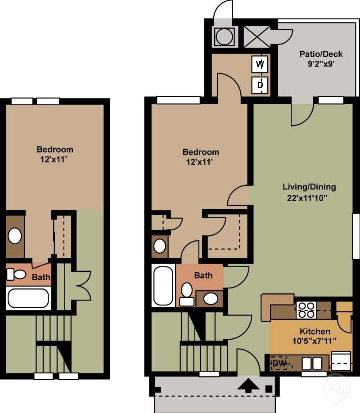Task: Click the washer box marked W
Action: tap(260, 64)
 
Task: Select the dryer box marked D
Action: tap(260, 84)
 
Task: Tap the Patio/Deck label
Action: tap(321, 54)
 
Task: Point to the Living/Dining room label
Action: tap(309, 187)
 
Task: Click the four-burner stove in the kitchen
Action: tap(306, 310)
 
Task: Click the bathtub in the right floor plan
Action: tap(163, 286)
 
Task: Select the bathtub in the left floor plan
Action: tap(28, 298)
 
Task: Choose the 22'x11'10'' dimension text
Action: tap(309, 198)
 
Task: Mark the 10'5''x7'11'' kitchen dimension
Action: tap(315, 341)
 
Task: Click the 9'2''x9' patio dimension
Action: tap(321, 64)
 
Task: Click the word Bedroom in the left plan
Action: tap(54, 149)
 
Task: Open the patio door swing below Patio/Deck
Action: tap(300, 114)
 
